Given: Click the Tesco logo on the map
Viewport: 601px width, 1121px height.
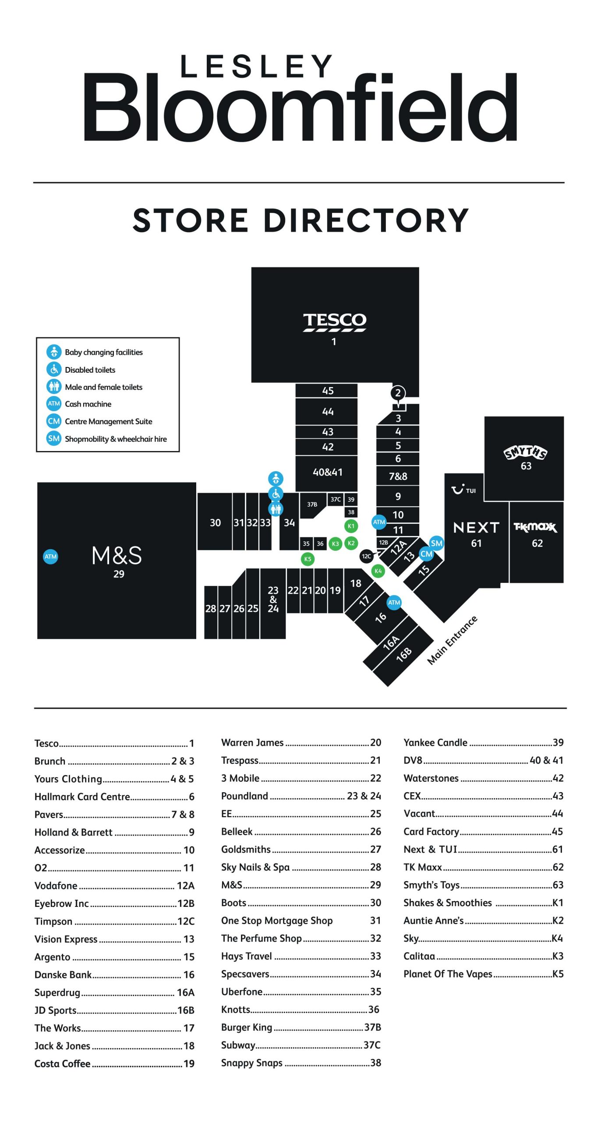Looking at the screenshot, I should coord(334,321).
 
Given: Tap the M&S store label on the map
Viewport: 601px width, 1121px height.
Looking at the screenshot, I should coord(117,555).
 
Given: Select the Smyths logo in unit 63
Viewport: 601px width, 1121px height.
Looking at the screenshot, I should coord(525,452).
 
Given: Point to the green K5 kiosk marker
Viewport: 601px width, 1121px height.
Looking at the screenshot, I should coord(308,559).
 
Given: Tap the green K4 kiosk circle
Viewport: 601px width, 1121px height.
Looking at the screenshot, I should coord(378,571).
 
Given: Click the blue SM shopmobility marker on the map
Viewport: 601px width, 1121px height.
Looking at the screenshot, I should coord(436,543).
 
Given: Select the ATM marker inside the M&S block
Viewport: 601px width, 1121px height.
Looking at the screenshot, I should coord(51,557).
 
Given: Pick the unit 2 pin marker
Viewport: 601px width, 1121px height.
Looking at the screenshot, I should coord(398,393).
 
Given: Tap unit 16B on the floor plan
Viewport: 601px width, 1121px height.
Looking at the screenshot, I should coord(404,654).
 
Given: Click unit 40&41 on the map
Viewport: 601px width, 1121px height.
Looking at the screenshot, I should coord(327,472).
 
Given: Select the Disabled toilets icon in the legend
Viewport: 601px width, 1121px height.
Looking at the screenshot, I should coord(54,369).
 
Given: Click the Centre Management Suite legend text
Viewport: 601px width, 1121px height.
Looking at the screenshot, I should coord(109,421).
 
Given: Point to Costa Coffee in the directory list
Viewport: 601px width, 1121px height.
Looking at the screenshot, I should coord(63,1064).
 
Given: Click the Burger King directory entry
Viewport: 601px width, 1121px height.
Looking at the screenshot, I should coord(247,1027).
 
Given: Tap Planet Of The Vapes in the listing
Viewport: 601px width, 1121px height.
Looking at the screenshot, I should coord(448,974).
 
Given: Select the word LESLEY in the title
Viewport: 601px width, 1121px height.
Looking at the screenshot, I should coord(257,67).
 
